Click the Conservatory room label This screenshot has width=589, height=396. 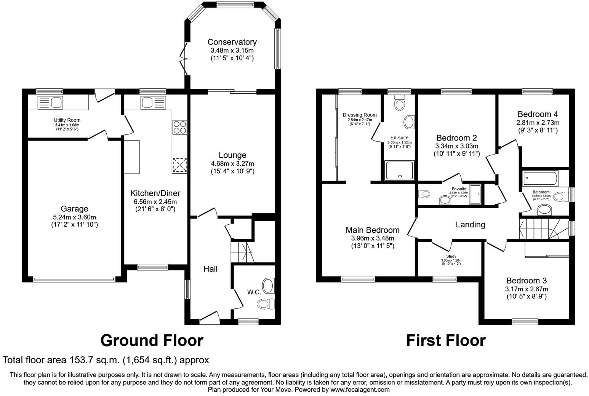tap(232, 42)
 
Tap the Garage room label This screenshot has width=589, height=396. tap(74, 209)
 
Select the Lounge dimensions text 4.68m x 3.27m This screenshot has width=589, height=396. tap(232, 163)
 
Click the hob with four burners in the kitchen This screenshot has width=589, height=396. tap(179, 126)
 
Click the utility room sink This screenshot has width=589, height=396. tap(50, 102)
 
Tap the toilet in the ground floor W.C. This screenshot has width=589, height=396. tap(266, 303)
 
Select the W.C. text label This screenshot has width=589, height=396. tap(254, 292)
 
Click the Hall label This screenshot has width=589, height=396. tap(210, 269)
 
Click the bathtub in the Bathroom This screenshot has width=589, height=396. tap(540, 177)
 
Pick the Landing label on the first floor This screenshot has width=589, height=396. tap(470, 225)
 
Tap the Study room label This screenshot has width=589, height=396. tap(451, 256)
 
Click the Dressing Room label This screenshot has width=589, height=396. tap(359, 115)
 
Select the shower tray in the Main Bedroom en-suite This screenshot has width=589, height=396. tap(399, 170)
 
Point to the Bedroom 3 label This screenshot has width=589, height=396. tap(526, 281)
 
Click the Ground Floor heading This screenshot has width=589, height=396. tap(152, 340)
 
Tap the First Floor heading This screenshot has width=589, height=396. tap(445, 340)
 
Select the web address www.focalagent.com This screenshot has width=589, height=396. tap(360, 390)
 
